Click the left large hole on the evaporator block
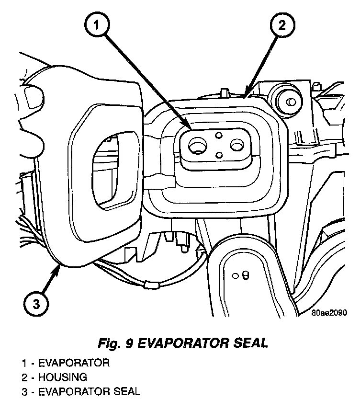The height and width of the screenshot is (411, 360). pos(197,146)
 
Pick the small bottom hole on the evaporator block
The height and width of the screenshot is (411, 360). pos(218,155)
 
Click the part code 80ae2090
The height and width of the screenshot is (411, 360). pos(328,312)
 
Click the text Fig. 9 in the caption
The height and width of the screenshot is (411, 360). pos(112,343)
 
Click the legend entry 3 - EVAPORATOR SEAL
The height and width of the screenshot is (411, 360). pos(80,392)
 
